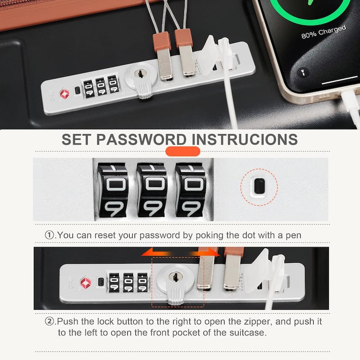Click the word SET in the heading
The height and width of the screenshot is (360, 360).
(x=76, y=139)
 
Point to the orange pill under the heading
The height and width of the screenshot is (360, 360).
(x=183, y=151)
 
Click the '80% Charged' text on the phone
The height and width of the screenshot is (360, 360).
(x=324, y=31)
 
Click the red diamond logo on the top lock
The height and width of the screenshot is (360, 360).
(x=63, y=93)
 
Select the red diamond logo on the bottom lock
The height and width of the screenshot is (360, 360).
(x=85, y=282)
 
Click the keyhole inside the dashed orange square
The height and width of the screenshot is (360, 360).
(x=177, y=275)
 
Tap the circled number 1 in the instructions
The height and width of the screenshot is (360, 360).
(x=49, y=235)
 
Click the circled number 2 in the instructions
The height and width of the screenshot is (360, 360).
(x=49, y=322)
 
